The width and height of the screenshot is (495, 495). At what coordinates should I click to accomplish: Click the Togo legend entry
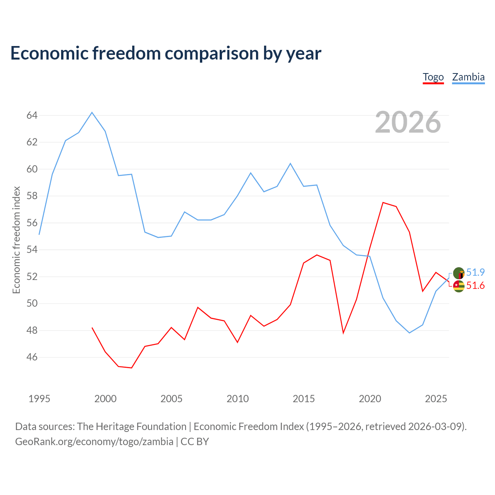click(433, 77)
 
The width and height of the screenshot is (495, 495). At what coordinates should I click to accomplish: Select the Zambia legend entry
click(468, 77)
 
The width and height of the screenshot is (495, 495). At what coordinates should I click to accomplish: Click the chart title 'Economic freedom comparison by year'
click(166, 53)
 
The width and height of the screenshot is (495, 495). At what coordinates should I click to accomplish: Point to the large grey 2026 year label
click(408, 122)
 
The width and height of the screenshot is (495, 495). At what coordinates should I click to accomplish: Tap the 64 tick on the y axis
click(32, 115)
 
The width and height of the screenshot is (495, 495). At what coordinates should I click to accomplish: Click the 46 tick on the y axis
click(32, 357)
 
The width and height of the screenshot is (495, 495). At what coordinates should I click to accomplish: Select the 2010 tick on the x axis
click(237, 399)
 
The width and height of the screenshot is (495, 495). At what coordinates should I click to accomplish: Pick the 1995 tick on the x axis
click(39, 399)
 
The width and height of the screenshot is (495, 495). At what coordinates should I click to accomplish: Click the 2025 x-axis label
click(436, 399)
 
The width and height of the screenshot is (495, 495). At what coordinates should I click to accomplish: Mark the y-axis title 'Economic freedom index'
click(16, 240)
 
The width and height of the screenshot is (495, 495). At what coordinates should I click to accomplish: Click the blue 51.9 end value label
click(475, 272)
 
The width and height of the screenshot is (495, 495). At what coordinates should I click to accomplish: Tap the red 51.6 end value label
click(475, 285)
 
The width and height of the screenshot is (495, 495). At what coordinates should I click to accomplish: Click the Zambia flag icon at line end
click(459, 273)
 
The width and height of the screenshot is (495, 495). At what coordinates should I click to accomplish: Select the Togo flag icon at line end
click(459, 286)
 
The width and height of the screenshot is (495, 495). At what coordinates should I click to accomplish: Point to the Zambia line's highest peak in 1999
click(92, 113)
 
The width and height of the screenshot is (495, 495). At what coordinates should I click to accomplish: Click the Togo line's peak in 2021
click(383, 203)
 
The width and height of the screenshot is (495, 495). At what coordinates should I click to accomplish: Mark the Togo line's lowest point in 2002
click(131, 368)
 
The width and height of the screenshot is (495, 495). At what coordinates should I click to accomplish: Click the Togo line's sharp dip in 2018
click(343, 333)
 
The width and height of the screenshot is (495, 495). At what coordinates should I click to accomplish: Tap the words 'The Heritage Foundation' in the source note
click(132, 427)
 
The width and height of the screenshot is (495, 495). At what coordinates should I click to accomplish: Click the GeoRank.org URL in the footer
click(94, 442)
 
